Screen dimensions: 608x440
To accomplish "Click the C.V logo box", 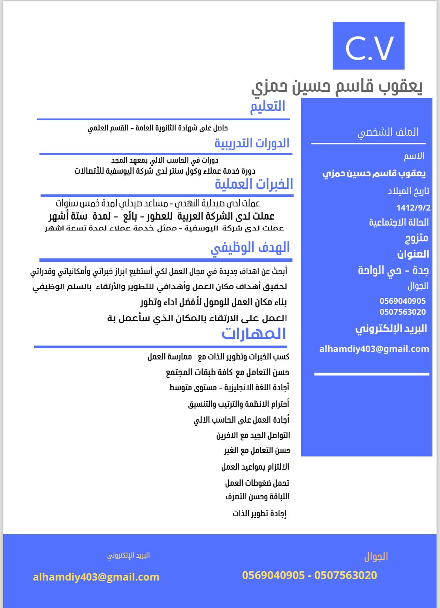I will [x=368, y=45].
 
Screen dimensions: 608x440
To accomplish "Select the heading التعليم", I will [x=268, y=106].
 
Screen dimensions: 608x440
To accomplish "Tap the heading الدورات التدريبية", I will [x=252, y=143].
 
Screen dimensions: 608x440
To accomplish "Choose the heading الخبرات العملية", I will [x=254, y=184].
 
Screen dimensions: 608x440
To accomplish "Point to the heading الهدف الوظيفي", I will [x=250, y=247].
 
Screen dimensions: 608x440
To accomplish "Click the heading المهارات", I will [x=254, y=334].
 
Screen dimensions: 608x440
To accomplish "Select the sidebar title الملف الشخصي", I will [x=388, y=132].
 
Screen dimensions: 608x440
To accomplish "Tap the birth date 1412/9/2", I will [x=413, y=208].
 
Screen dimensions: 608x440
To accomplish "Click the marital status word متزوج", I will [x=416, y=238].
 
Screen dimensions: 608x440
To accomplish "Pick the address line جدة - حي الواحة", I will [x=393, y=270].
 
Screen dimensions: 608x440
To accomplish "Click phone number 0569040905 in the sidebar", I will [x=402, y=301].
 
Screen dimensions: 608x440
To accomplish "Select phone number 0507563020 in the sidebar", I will [x=402, y=312].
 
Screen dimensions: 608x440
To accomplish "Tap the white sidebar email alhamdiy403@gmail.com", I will [x=374, y=349].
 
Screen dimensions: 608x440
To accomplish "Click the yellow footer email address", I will [x=96, y=577].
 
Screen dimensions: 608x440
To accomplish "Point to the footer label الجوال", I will [x=376, y=556].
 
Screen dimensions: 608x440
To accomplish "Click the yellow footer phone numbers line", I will [x=309, y=575].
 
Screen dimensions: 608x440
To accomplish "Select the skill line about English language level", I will [x=229, y=388].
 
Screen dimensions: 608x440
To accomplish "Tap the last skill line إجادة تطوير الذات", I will [x=259, y=513].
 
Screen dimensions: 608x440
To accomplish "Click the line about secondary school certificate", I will [x=158, y=128].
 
